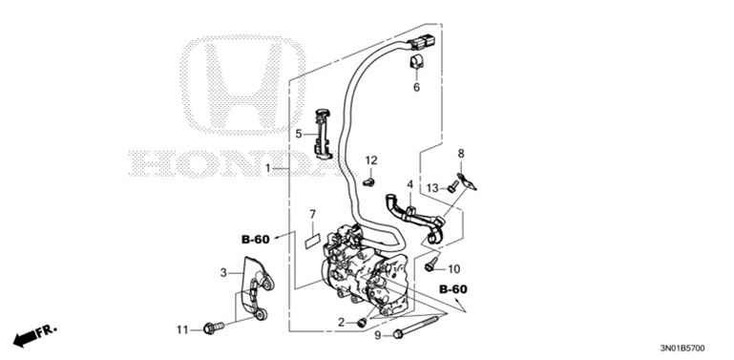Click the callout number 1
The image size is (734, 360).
269,168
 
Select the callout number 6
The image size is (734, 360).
416,88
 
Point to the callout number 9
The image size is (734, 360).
378,335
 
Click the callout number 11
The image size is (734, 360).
182,329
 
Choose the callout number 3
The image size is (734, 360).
224,273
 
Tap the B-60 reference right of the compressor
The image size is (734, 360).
453,288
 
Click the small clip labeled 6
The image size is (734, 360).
416,64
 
